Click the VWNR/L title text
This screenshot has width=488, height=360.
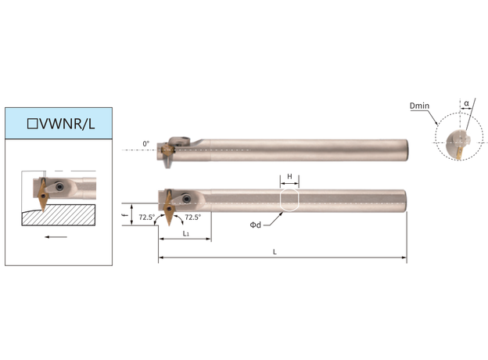click(66, 124)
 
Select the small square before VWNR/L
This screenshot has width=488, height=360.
click(33, 124)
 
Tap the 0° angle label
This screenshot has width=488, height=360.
click(145, 144)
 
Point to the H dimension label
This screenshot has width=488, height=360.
click(289, 177)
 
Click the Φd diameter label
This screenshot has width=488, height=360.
click(256, 225)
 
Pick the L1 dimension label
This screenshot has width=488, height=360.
click(186, 233)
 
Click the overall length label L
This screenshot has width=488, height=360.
click(274, 252)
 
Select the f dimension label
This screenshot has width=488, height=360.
click(125, 215)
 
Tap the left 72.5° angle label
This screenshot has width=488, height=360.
click(147, 217)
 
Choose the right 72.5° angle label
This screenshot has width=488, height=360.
click(193, 217)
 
